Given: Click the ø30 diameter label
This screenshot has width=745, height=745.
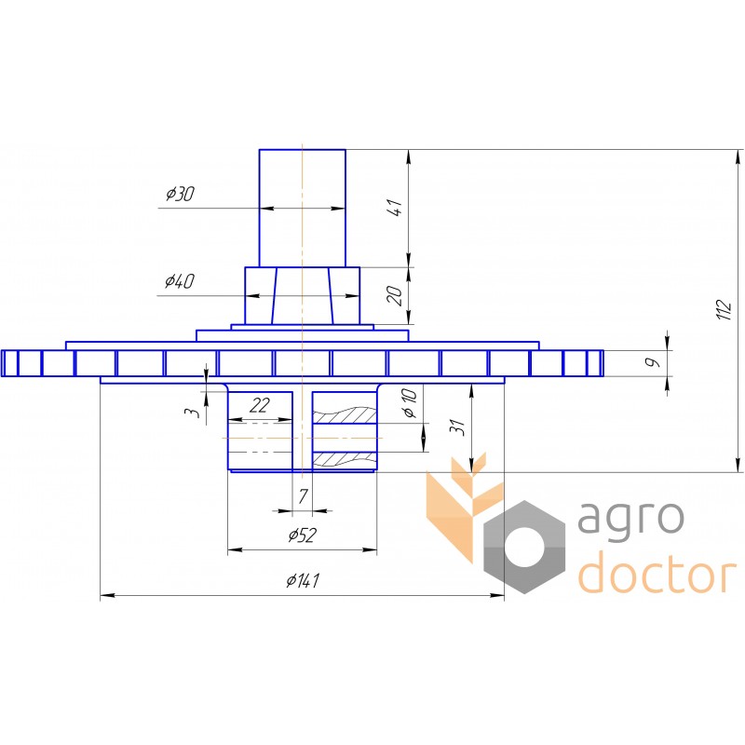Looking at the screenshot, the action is click(x=180, y=194).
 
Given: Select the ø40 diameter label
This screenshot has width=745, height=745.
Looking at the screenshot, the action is click(x=179, y=281).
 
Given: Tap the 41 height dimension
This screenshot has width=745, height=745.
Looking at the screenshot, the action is click(x=395, y=208).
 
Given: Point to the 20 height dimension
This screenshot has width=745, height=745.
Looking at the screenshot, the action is click(x=395, y=295).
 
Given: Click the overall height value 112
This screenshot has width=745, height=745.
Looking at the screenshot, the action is click(x=725, y=309).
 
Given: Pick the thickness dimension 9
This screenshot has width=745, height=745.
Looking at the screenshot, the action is click(x=654, y=362).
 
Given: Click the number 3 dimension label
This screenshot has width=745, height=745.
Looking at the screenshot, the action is click(x=193, y=412).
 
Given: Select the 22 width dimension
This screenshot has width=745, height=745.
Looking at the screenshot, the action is click(x=260, y=405).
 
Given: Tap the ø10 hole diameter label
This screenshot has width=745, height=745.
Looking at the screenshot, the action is click(x=410, y=402).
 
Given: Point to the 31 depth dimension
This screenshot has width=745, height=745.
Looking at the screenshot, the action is click(x=456, y=427).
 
